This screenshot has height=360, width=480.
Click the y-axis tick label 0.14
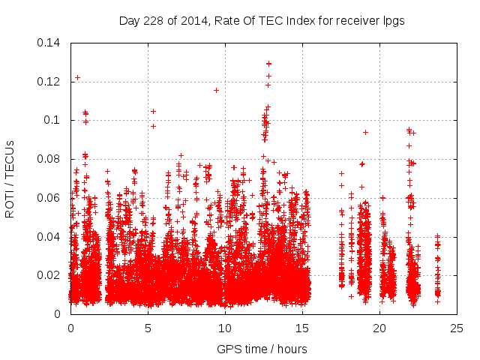click(x=52, y=43)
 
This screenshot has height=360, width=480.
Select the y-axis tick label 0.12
click(x=52, y=82)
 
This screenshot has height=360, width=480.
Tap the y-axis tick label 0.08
click(x=52, y=159)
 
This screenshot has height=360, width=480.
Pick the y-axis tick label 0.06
click(x=52, y=198)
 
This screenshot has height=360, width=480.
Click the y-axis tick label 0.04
click(x=52, y=237)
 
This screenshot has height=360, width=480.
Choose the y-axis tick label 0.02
click(x=52, y=275)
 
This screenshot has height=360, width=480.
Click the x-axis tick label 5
click(x=148, y=328)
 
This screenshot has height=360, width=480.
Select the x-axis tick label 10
click(x=225, y=328)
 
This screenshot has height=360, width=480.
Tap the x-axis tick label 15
click(x=302, y=328)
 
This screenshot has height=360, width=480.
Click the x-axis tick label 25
click(x=457, y=328)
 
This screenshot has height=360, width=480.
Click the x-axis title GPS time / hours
click(x=262, y=349)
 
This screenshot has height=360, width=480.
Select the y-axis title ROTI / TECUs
click(x=10, y=178)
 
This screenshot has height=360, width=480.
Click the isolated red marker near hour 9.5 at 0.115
click(x=216, y=90)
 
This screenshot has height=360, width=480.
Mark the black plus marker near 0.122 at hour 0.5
click(x=77, y=77)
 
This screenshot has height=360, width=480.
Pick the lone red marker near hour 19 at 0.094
click(x=365, y=132)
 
